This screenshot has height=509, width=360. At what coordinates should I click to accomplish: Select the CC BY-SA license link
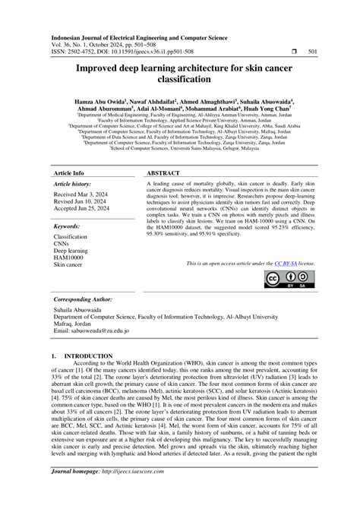click(283, 262)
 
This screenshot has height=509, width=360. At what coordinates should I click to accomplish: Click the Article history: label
click(74, 184)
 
